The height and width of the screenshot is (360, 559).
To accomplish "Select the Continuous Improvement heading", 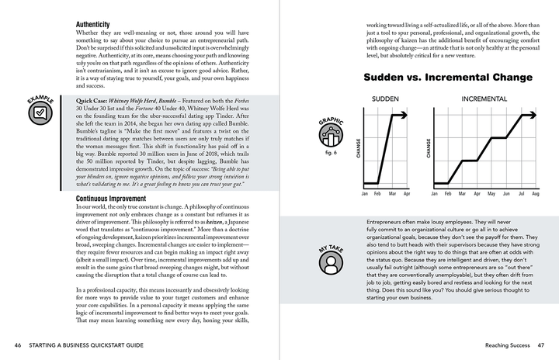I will [x=118, y=199].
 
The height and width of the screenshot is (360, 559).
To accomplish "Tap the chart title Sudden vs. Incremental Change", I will [x=448, y=78].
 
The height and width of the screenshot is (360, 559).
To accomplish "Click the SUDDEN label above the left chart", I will [x=385, y=99].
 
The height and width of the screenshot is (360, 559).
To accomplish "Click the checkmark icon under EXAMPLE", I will [x=40, y=115].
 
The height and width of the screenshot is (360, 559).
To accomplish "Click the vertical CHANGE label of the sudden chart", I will [x=358, y=148].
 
